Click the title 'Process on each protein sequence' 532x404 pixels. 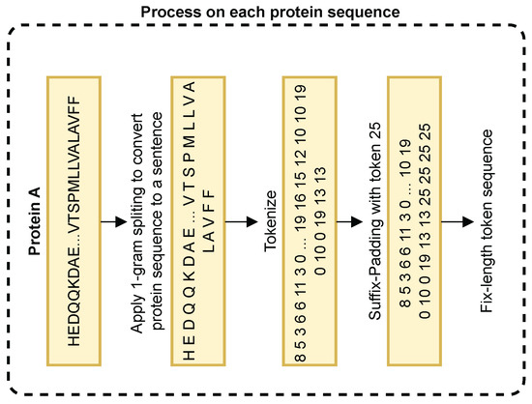coord(270,13)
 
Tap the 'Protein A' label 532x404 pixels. coord(35,221)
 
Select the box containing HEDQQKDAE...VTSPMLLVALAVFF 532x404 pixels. coord(74,221)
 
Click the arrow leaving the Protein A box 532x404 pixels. coord(114,221)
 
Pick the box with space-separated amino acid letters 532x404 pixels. coord(198,221)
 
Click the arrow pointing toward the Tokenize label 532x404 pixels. coord(242,221)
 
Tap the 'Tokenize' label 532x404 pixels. coord(271,221)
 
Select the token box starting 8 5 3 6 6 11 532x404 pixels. coord(310,221)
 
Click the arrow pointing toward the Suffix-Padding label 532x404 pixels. coord(350,221)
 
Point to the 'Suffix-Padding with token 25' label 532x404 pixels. coord(375,221)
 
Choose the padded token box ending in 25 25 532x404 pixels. coord(414,221)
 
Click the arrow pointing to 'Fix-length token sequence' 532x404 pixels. coord(458,221)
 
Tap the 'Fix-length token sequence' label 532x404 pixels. coord(487,221)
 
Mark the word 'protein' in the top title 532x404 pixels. coord(295,13)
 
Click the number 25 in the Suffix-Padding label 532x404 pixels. coord(375,130)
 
